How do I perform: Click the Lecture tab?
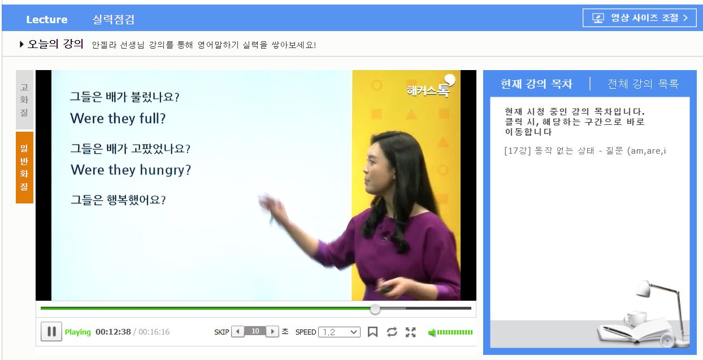[x=47, y=19]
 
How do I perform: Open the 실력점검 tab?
[x=113, y=19]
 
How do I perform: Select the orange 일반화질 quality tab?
[x=24, y=168]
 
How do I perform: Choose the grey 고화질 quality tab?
[x=24, y=100]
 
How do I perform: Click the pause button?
[x=51, y=331]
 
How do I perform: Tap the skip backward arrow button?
[x=237, y=331]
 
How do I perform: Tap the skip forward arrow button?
[x=272, y=331]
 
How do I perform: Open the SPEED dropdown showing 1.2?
[x=339, y=332]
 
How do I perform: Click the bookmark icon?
[x=372, y=332]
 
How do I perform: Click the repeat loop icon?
[x=392, y=332]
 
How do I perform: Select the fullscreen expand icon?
[x=410, y=332]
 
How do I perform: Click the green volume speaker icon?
[x=432, y=332]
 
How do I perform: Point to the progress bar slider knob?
[x=375, y=309]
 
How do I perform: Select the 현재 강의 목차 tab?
[x=537, y=84]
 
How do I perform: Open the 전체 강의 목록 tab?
[x=643, y=84]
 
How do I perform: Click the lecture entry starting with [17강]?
[x=585, y=151]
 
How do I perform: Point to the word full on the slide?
[x=152, y=119]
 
